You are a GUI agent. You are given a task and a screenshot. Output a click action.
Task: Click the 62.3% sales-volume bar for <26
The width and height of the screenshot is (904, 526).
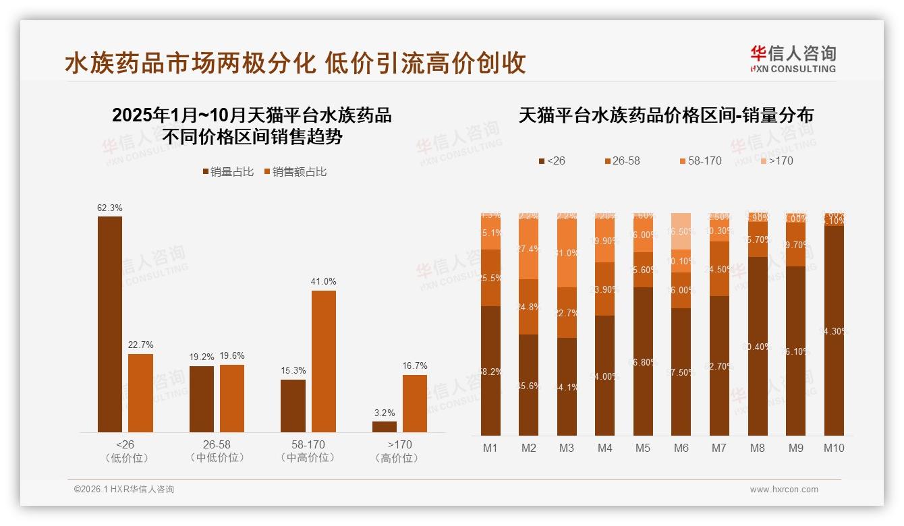tap(110, 324)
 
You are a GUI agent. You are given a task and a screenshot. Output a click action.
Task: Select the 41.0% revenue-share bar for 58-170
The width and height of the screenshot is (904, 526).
tap(323, 361)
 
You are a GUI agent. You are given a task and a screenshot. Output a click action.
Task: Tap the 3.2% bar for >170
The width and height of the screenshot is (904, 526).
tap(385, 427)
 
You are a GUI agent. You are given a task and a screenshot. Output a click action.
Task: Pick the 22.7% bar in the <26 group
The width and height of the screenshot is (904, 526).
tap(140, 392)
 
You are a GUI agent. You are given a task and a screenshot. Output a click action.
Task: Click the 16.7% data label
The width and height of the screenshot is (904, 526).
tap(415, 366)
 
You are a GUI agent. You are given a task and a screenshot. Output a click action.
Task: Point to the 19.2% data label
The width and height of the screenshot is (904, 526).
tap(202, 357)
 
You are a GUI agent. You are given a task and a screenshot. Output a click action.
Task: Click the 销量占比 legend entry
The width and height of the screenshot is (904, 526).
tap(228, 172)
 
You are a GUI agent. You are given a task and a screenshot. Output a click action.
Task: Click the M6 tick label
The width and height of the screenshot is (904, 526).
tap(681, 448)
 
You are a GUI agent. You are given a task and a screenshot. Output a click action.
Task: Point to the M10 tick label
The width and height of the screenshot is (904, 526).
tap(834, 448)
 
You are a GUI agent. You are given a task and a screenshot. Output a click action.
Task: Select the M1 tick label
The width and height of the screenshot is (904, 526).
tap(490, 448)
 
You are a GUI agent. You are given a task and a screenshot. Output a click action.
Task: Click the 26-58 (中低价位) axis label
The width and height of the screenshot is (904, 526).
tap(217, 451)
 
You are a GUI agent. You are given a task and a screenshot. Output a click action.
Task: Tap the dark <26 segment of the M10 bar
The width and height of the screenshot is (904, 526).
tap(834, 330)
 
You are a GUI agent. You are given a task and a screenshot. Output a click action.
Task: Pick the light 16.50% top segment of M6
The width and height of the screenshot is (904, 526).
tap(681, 231)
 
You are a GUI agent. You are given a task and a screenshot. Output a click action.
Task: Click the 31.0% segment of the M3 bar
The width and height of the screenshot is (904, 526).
tap(567, 254)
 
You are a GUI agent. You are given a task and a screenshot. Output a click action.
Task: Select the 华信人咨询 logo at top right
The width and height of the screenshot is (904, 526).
tap(793, 59)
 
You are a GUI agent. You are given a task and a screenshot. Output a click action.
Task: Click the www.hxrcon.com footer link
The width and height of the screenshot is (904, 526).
tap(784, 490)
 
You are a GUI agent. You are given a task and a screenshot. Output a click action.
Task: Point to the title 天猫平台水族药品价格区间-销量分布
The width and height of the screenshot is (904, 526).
tap(666, 115)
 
